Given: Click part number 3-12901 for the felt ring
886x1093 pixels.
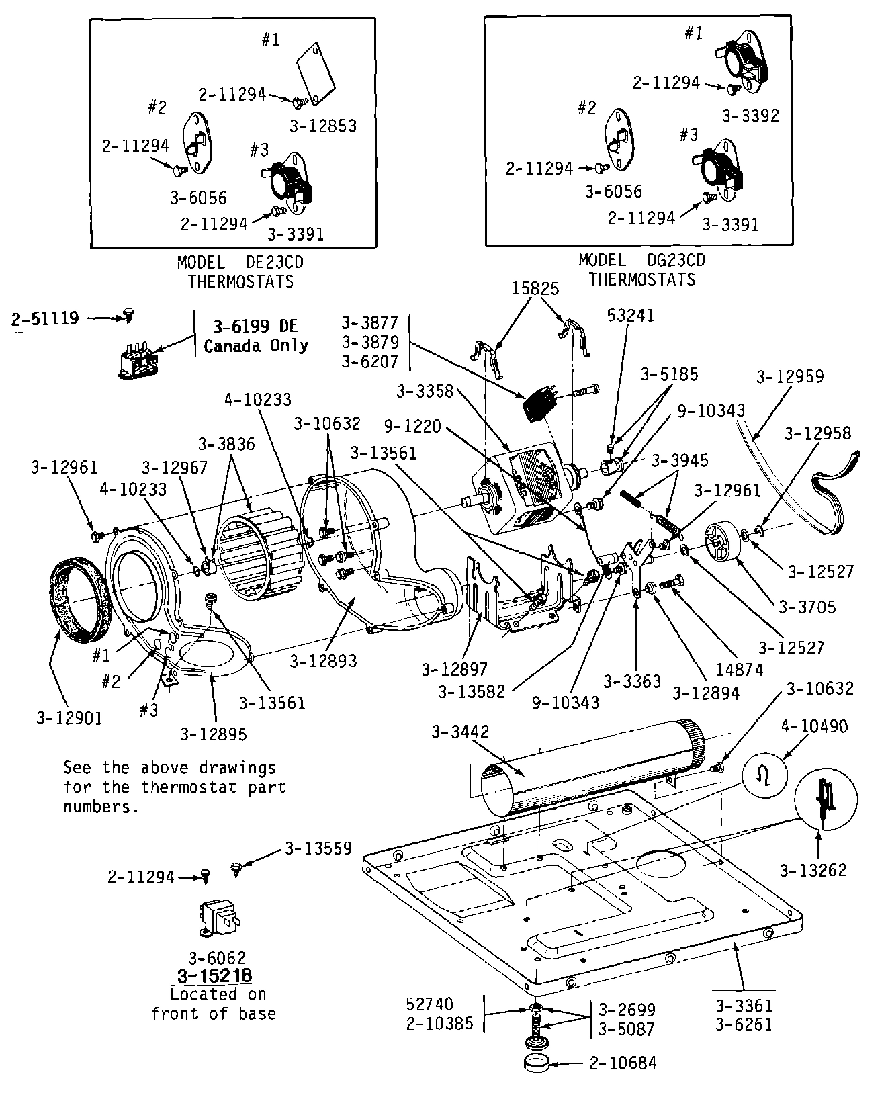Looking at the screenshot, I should click(x=69, y=718).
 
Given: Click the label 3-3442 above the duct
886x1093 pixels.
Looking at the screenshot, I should click(x=461, y=732).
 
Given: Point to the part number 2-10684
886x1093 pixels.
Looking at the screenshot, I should click(x=623, y=1063).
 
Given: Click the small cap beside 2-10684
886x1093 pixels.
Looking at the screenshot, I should click(x=535, y=1064).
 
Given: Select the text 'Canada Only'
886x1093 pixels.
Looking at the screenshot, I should click(x=256, y=345).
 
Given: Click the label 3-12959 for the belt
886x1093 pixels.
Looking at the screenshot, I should click(x=790, y=377).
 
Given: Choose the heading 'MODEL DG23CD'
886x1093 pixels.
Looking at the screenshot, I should click(x=641, y=259).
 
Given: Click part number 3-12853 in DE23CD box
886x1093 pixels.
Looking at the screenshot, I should click(x=322, y=126).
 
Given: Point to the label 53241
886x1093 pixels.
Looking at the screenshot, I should click(x=630, y=315).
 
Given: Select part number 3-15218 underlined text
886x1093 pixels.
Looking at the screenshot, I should click(x=215, y=975).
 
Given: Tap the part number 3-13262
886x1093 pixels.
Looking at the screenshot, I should click(x=813, y=871).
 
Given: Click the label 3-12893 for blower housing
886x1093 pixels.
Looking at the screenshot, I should click(x=323, y=661).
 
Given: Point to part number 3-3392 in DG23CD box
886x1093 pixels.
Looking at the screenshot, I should click(x=750, y=116).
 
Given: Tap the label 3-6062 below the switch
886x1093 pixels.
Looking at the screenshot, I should click(x=216, y=957).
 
